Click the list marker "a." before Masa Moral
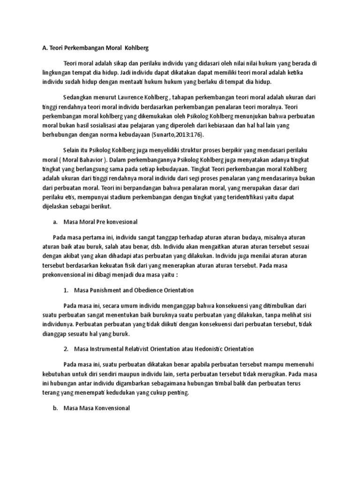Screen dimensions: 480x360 pos(54,221)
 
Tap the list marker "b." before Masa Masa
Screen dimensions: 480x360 pos(54,408)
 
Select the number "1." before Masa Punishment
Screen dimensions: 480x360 pos(66,290)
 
